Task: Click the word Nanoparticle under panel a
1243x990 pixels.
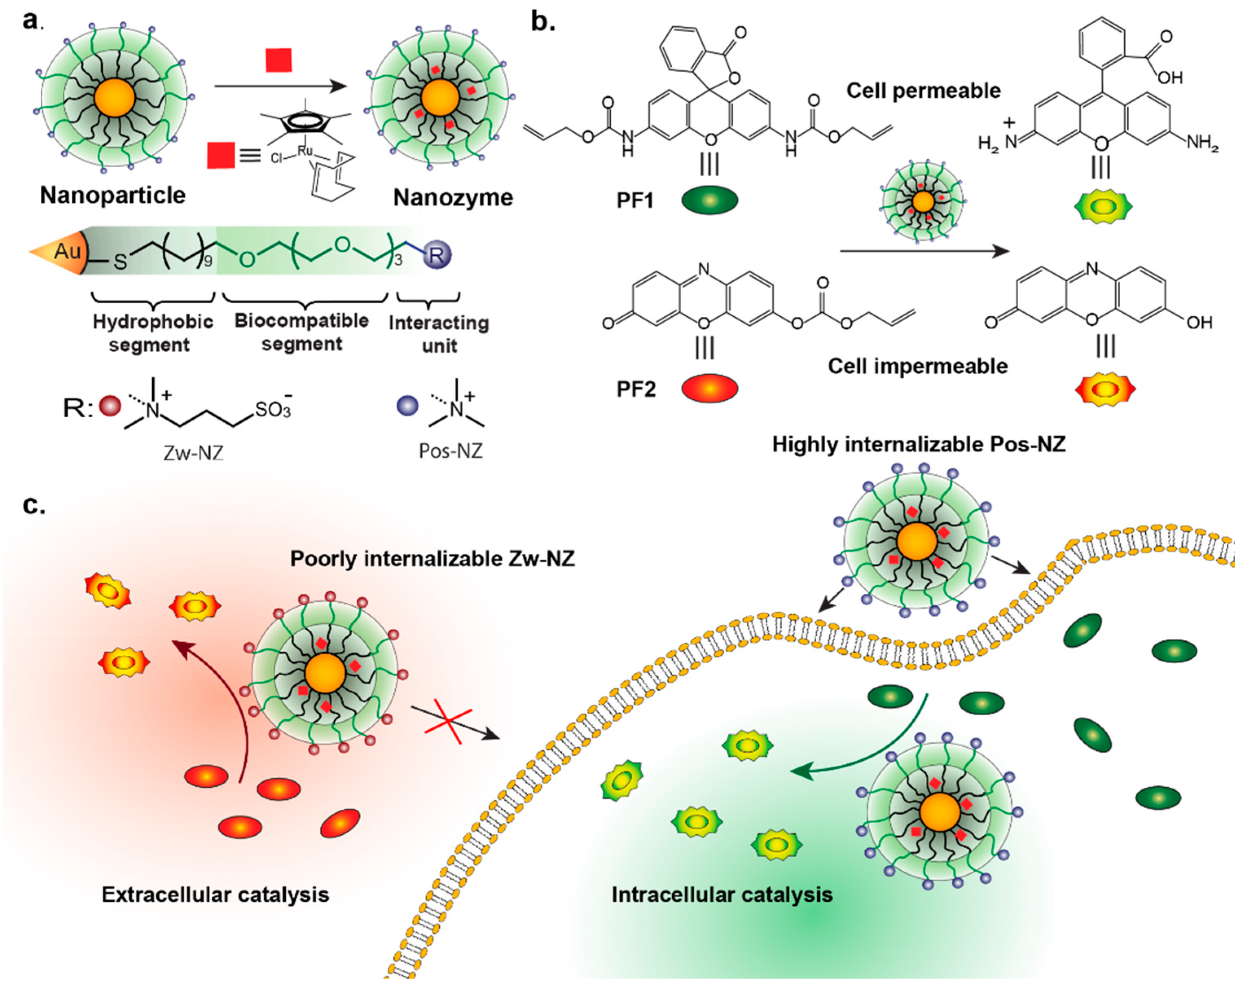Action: [112, 195]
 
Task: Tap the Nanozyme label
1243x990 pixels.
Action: [453, 198]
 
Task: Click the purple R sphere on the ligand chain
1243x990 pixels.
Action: [436, 255]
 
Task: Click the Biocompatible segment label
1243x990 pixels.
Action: [302, 331]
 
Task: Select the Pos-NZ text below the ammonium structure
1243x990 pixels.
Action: [450, 450]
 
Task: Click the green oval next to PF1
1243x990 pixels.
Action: [710, 200]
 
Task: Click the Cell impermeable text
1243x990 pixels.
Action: [917, 366]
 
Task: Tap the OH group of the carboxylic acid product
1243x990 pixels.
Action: [1171, 77]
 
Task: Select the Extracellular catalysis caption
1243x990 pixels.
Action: [215, 894]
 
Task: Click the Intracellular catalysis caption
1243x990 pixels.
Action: [722, 894]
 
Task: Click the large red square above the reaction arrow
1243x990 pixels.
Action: [278, 60]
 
